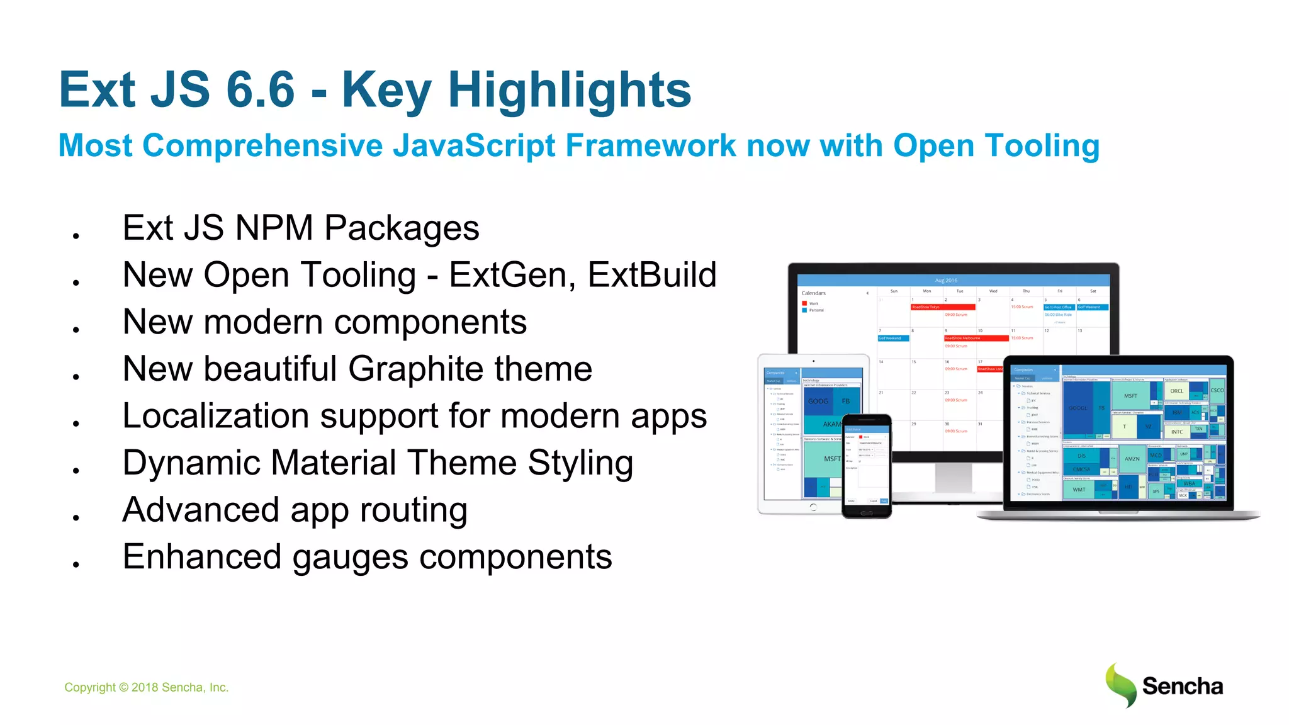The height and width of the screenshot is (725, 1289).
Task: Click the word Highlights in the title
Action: [x=569, y=90]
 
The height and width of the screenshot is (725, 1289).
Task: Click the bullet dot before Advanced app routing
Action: [x=76, y=517]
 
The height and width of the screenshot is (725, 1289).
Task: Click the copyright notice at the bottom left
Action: [x=146, y=687]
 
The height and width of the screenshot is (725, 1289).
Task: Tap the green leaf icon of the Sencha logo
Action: [x=1121, y=685]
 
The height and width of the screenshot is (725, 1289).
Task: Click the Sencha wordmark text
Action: [x=1182, y=687]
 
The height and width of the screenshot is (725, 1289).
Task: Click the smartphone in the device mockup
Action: [x=867, y=466]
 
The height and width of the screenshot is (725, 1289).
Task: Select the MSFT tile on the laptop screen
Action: [x=1130, y=396]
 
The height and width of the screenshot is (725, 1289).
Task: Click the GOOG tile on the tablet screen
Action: [x=818, y=401]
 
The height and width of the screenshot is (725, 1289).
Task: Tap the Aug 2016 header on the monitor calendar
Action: [x=945, y=281]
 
